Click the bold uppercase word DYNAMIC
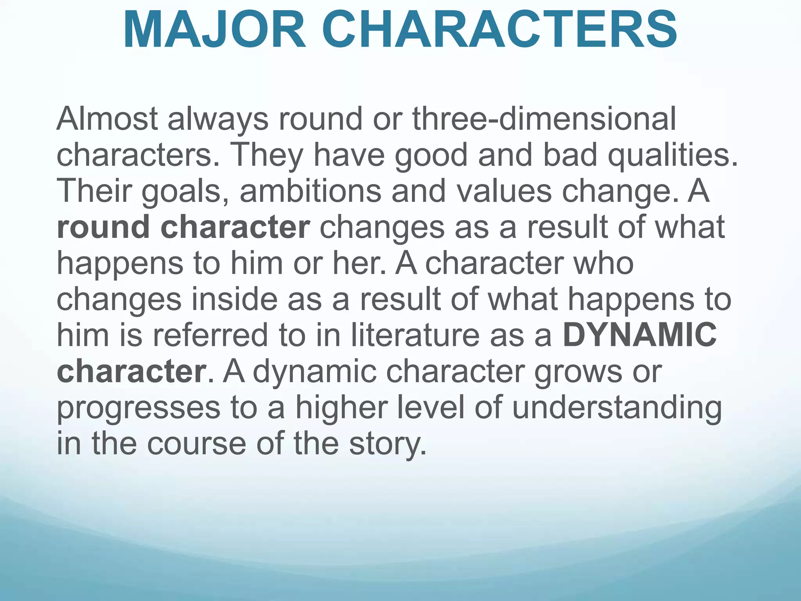(x=639, y=335)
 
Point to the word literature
(x=415, y=335)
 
